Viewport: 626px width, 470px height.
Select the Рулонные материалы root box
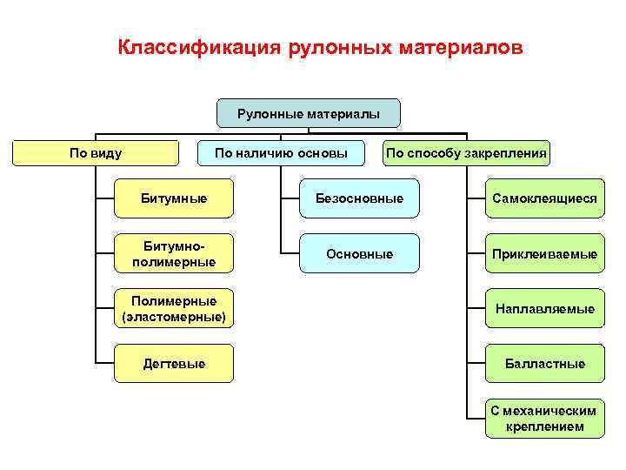[x=309, y=113]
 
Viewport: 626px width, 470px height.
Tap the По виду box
[x=96, y=153]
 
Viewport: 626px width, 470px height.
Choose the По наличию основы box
[x=282, y=153]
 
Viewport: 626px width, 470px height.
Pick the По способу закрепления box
[x=467, y=153]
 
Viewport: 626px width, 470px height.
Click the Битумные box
[x=174, y=198]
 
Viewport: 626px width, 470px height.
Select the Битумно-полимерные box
[x=174, y=253]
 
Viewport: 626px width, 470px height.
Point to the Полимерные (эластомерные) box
[x=174, y=308]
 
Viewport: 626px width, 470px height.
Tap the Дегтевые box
[x=174, y=363]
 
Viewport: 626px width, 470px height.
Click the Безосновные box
[x=359, y=198]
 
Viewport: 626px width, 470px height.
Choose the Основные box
[x=359, y=253]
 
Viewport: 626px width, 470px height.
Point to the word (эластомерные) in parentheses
[x=174, y=316]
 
